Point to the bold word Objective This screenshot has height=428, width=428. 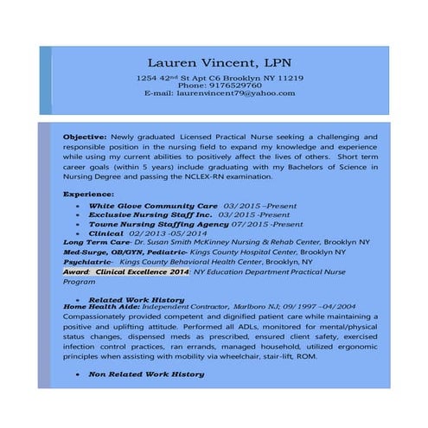[x=84, y=137]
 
